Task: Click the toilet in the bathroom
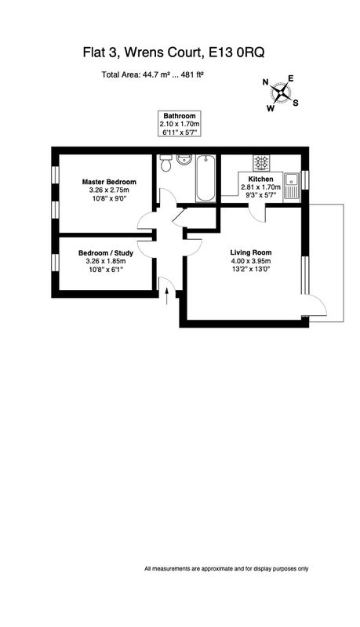pyautogui.click(x=165, y=163)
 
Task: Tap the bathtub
pyautogui.click(x=206, y=179)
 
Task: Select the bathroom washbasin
pyautogui.click(x=184, y=162)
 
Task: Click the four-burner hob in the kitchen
pyautogui.click(x=261, y=163)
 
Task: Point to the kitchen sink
pyautogui.click(x=292, y=187)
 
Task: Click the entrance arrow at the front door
pyautogui.click(x=167, y=298)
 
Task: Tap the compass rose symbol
pyautogui.click(x=282, y=93)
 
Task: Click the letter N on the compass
pyautogui.click(x=265, y=82)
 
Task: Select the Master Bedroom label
pyautogui.click(x=109, y=182)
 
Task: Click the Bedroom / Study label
pyautogui.click(x=106, y=253)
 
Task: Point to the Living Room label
pyautogui.click(x=251, y=252)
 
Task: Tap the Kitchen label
pyautogui.click(x=261, y=179)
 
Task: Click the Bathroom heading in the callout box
pyautogui.click(x=179, y=116)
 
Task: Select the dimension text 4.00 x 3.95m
pyautogui.click(x=251, y=262)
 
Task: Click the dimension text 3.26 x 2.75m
pyautogui.click(x=109, y=190)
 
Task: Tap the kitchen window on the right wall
pyautogui.click(x=305, y=179)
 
